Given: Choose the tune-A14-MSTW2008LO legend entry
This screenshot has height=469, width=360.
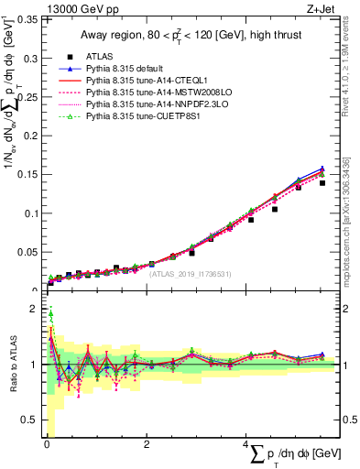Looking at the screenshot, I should click(170, 93).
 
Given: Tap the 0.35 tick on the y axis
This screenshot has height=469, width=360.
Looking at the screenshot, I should click(27, 19).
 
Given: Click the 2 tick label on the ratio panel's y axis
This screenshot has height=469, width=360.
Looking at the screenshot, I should click(35, 310).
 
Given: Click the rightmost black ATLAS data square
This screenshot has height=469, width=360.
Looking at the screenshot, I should click(322, 183).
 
